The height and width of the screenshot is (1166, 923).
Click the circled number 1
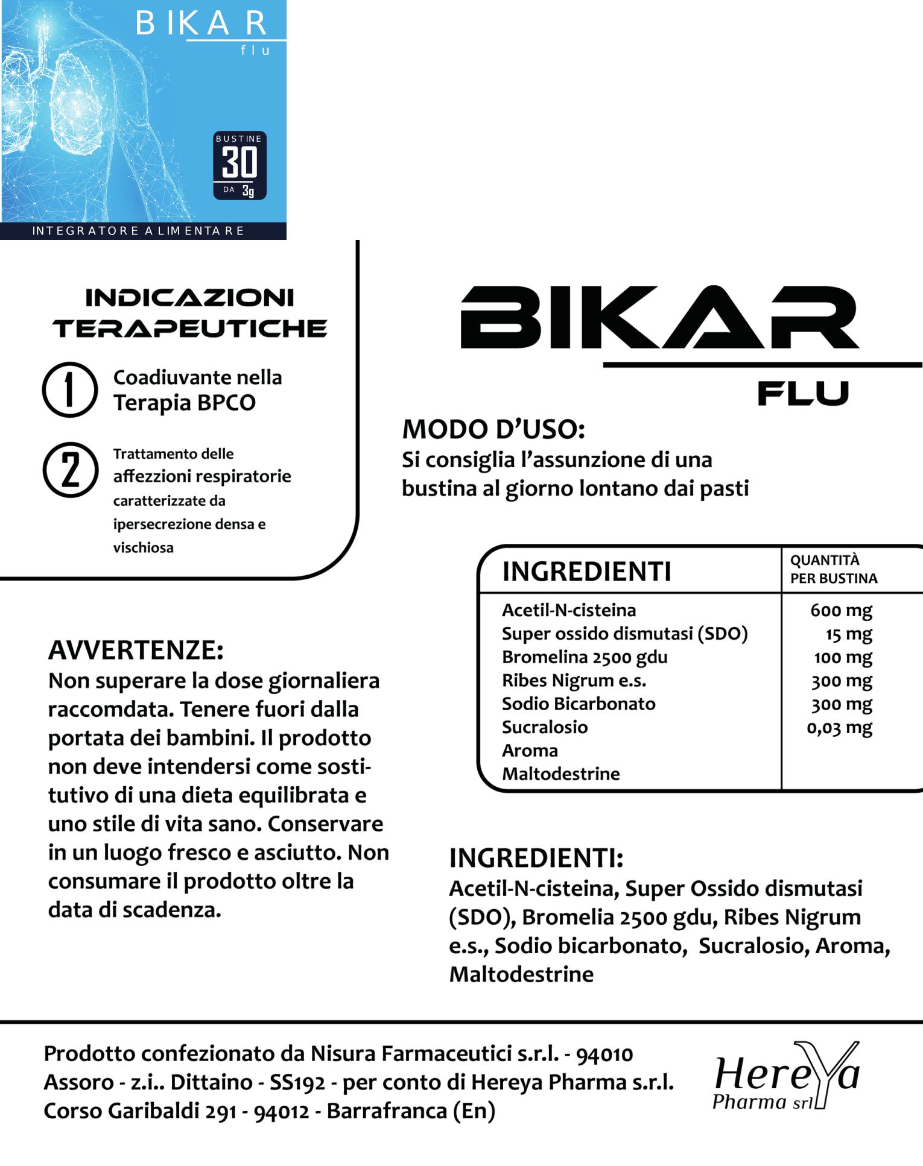pyautogui.click(x=70, y=389)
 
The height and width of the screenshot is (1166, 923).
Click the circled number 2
pyautogui.click(x=71, y=470)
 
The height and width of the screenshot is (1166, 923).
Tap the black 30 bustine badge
pyautogui.click(x=239, y=165)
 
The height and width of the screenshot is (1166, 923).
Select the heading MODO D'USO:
pyautogui.click(x=493, y=429)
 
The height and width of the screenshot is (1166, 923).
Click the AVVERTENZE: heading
pyautogui.click(x=136, y=650)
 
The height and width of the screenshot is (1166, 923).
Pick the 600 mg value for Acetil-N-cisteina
pyautogui.click(x=841, y=610)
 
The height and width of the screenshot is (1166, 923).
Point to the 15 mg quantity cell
pyautogui.click(x=849, y=634)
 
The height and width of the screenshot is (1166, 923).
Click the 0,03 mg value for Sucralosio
pyautogui.click(x=839, y=728)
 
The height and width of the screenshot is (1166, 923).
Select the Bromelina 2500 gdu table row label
pyautogui.click(x=585, y=657)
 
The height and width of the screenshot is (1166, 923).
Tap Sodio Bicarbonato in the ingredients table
pyautogui.click(x=579, y=704)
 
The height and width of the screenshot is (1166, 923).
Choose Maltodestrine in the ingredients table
pyautogui.click(x=560, y=774)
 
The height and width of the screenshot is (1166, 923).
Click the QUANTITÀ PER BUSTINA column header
pyautogui.click(x=833, y=569)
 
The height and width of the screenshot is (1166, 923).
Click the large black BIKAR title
pyautogui.click(x=659, y=317)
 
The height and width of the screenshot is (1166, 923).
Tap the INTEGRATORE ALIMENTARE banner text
pyautogui.click(x=138, y=231)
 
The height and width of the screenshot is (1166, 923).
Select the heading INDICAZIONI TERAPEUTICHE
pyautogui.click(x=189, y=313)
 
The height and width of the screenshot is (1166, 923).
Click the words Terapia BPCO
pyautogui.click(x=185, y=403)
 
